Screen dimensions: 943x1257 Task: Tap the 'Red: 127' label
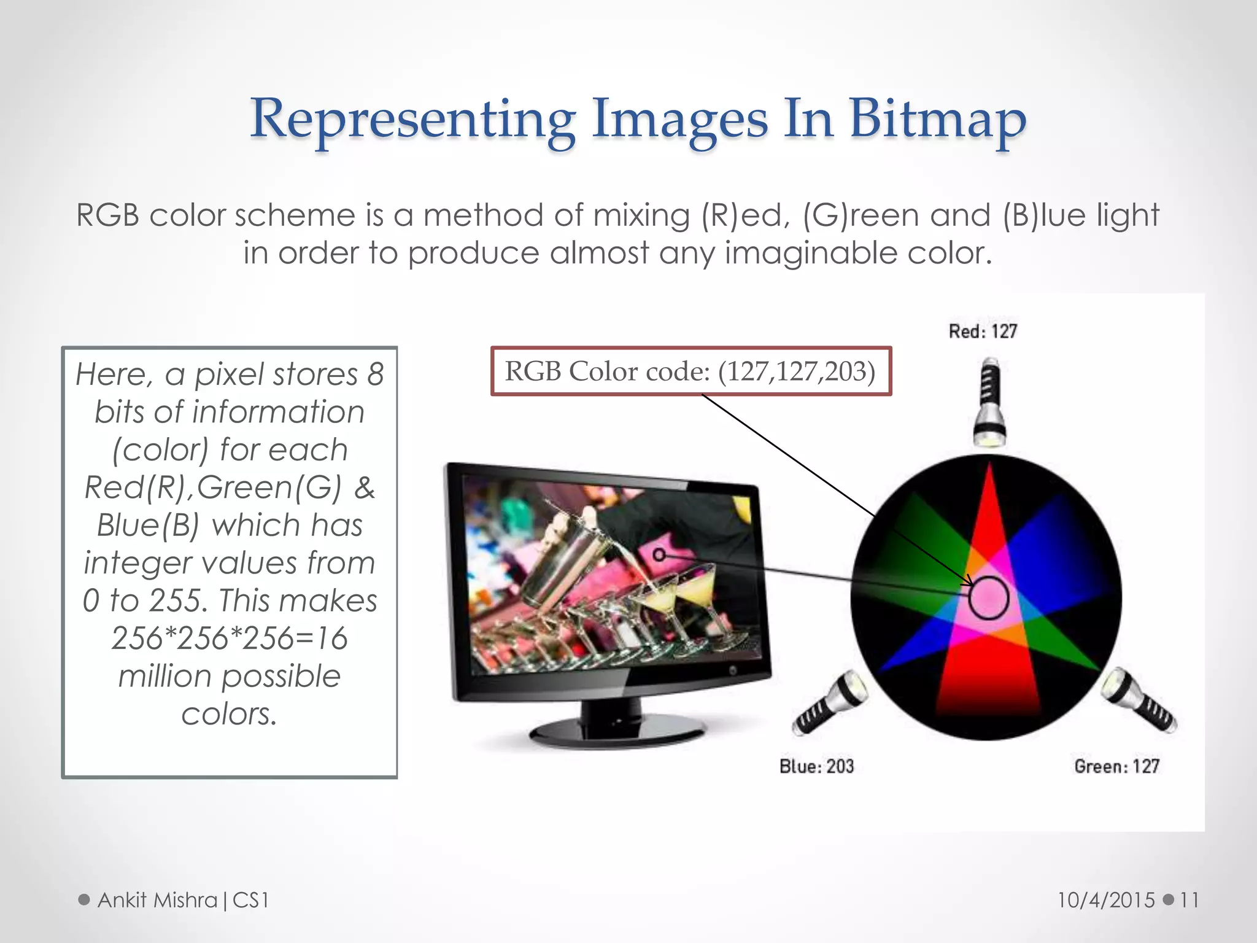click(983, 332)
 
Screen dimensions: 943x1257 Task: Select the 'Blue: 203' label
click(816, 766)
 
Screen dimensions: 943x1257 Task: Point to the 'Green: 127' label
click(1116, 766)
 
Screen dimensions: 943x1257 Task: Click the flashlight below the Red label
click(989, 402)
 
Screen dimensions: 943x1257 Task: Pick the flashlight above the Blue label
click(830, 703)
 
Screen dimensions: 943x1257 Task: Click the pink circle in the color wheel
click(989, 597)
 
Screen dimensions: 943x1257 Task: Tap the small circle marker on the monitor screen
click(659, 555)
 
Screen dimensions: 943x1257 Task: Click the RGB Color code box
click(690, 371)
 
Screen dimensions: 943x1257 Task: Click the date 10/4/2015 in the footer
click(1105, 900)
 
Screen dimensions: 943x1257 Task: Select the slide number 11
click(1189, 900)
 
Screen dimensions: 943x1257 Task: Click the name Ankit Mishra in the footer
click(158, 900)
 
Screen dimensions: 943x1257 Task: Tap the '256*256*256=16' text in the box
click(230, 638)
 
